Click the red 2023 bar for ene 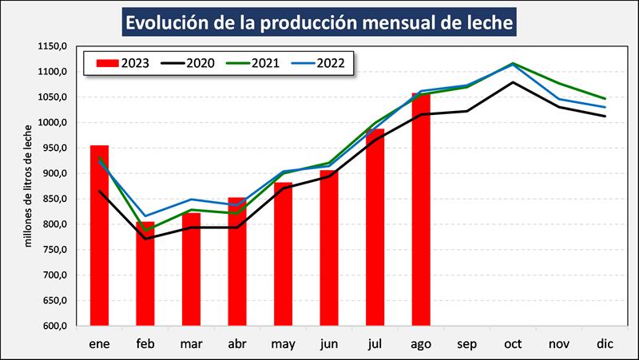pyautogui.click(x=99, y=235)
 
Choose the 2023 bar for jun pyautogui.click(x=329, y=248)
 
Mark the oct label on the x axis pyautogui.click(x=513, y=343)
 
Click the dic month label pyautogui.click(x=605, y=343)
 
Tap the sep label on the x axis pyautogui.click(x=466, y=343)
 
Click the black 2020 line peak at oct pyautogui.click(x=513, y=82)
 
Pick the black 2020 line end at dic pyautogui.click(x=605, y=117)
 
